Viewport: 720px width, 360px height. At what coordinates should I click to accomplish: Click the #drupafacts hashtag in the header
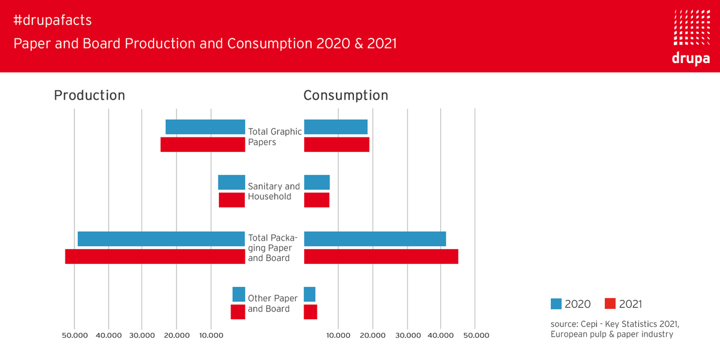tap(52, 20)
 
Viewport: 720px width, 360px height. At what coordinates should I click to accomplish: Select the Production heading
tap(89, 95)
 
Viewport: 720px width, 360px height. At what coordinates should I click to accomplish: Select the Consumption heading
tap(346, 95)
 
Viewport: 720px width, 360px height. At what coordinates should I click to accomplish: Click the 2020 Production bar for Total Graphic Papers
tap(205, 127)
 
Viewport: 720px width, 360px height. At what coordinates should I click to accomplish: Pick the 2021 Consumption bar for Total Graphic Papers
tap(337, 145)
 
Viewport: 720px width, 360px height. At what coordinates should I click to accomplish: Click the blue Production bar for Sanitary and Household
tap(232, 182)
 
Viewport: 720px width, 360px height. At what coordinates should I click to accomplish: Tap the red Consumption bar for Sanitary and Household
tap(317, 200)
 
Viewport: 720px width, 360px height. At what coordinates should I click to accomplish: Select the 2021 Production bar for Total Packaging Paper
tap(155, 256)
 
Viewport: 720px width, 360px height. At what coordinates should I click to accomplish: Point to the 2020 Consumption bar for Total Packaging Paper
tap(375, 239)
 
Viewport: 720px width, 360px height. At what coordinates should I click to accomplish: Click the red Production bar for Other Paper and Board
tap(238, 312)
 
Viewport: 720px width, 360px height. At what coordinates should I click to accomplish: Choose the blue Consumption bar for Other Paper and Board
tap(310, 295)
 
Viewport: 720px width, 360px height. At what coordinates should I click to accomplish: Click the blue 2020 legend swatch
tap(556, 304)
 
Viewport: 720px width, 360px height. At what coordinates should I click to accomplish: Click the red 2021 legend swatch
tap(610, 304)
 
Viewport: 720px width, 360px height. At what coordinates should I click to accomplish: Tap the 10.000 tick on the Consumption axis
tap(338, 335)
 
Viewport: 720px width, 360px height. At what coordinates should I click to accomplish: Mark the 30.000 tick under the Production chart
tap(142, 335)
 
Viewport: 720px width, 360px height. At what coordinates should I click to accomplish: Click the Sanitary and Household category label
tap(274, 191)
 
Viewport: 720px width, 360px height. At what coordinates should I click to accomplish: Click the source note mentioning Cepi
tap(615, 329)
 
